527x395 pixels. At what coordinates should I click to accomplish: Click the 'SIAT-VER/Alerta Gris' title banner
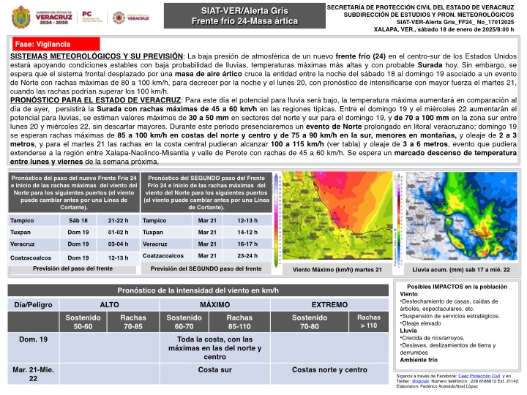(x=244, y=11)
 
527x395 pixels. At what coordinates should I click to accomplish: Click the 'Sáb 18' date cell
(x=78, y=221)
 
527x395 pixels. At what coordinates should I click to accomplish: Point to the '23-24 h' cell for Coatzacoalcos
(x=247, y=256)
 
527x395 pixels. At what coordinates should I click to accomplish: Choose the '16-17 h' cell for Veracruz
(x=247, y=244)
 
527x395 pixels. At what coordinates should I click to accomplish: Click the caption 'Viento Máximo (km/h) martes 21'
(x=337, y=270)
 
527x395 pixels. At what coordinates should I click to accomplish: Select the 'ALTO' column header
(x=109, y=304)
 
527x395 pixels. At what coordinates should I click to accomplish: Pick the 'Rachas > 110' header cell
(x=364, y=322)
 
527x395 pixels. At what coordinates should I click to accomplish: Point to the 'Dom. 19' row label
(x=33, y=339)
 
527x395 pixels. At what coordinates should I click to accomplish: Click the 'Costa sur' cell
(x=215, y=370)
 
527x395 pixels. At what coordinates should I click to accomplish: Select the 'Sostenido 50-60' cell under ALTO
(x=83, y=322)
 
